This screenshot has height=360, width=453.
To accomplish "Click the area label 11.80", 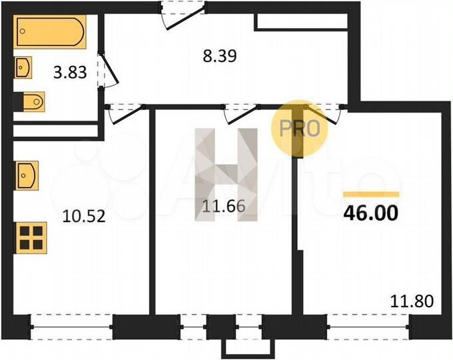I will tap(413, 301).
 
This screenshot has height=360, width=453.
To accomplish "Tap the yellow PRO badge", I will tap(304, 128).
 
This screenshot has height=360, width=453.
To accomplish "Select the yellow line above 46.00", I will tap(370, 194).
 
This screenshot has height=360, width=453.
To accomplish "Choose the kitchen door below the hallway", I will tap(127, 112).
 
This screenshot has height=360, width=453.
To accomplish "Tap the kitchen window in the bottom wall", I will tap(71, 328).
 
